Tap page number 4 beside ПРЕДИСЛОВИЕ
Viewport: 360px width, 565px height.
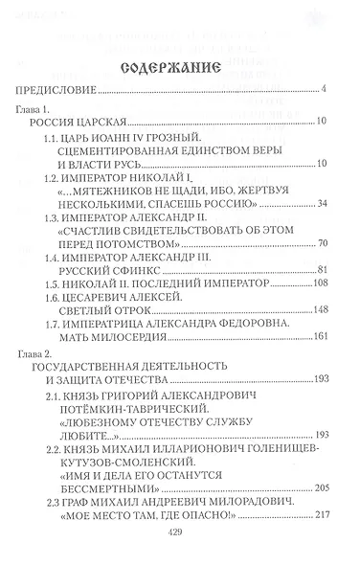click(326, 91)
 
